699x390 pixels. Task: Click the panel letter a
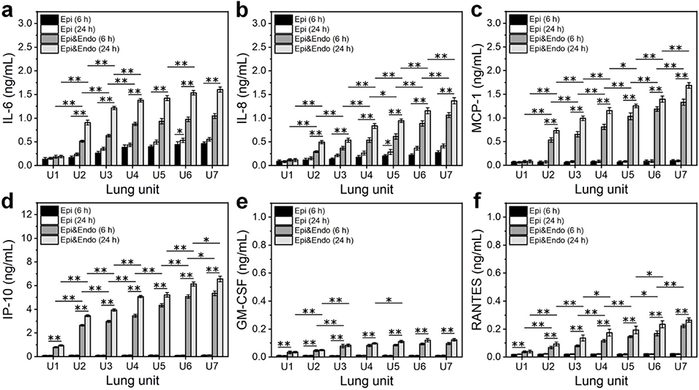point(9,9)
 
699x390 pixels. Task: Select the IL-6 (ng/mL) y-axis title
point(10,93)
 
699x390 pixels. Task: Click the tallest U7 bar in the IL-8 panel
point(454,132)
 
